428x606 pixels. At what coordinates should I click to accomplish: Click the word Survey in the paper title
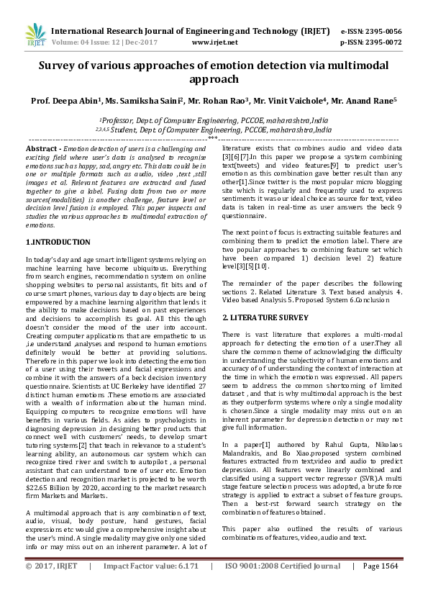tap(60, 65)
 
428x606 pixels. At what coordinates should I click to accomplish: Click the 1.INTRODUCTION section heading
tap(58, 243)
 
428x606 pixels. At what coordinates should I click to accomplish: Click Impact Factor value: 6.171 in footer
tap(150, 587)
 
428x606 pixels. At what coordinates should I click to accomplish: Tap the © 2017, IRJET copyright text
tap(50, 587)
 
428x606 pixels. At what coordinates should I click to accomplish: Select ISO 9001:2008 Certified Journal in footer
tap(282, 587)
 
